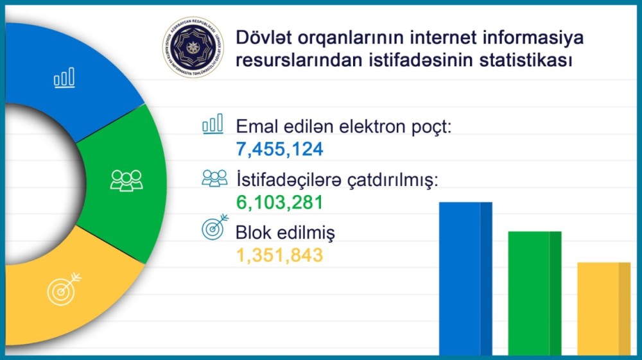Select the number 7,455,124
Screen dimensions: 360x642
tap(279, 150)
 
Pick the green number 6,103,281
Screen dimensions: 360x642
tap(279, 203)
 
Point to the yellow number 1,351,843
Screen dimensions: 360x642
tap(279, 255)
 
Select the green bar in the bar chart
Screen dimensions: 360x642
tap(535, 292)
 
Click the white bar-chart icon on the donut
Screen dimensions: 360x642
tap(64, 78)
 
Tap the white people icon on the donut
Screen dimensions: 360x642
tap(126, 180)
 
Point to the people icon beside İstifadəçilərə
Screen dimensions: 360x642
tap(214, 178)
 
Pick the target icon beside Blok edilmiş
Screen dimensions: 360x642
tap(214, 228)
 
